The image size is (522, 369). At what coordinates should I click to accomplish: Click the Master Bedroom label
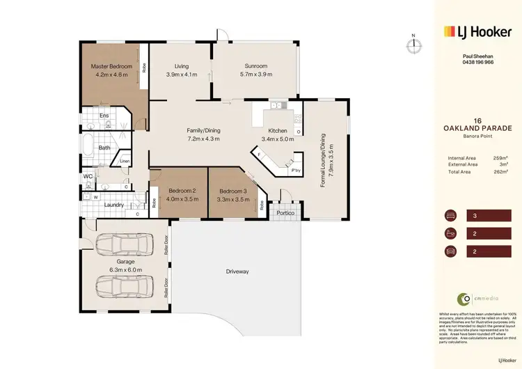pyautogui.click(x=111, y=67)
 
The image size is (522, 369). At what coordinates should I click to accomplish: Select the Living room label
pyautogui.click(x=182, y=67)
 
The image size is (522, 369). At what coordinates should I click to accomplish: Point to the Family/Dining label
pyautogui.click(x=203, y=130)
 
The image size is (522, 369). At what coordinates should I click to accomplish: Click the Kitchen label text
pyautogui.click(x=277, y=130)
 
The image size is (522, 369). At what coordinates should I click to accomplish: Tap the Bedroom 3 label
pyautogui.click(x=232, y=191)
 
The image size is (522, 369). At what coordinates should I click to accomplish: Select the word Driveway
pyautogui.click(x=237, y=271)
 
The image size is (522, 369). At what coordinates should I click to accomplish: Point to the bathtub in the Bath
pyautogui.click(x=88, y=148)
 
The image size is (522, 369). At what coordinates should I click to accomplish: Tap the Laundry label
pyautogui.click(x=114, y=205)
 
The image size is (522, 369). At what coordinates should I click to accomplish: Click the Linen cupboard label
pyautogui.click(x=125, y=162)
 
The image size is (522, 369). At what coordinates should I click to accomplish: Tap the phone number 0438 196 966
pyautogui.click(x=478, y=62)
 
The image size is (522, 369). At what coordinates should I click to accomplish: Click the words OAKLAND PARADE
pyautogui.click(x=477, y=127)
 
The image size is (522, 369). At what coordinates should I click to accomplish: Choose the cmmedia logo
pyautogui.click(x=477, y=299)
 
